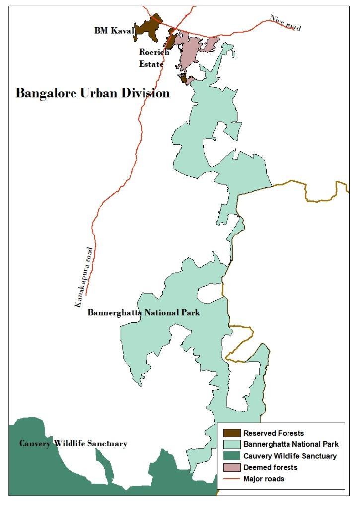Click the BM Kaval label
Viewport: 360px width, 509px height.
[x=114, y=31]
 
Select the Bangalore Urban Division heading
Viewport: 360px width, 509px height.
[x=92, y=93]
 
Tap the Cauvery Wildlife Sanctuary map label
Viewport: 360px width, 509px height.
[x=73, y=443]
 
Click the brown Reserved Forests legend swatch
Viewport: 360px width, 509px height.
[x=230, y=433]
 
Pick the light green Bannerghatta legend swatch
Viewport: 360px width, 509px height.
[x=230, y=444]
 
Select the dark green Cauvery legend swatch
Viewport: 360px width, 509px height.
[x=230, y=456]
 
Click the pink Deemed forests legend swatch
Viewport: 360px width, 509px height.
[x=230, y=467]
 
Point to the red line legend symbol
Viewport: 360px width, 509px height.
[x=230, y=479]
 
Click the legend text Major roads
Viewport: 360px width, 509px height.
[x=263, y=479]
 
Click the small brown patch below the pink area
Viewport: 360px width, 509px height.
[x=183, y=78]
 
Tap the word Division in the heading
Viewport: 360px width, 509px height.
[x=146, y=93]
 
